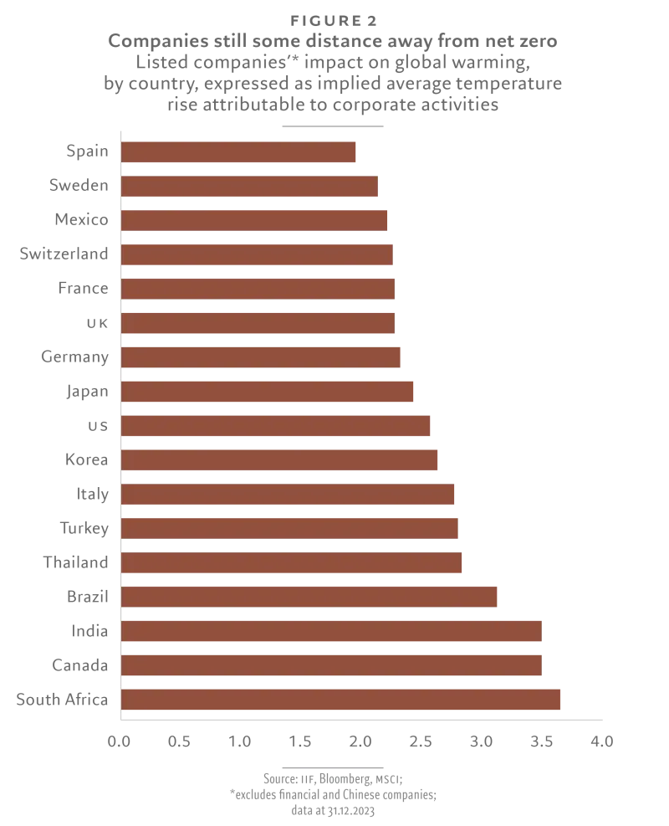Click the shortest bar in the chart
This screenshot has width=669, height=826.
241,153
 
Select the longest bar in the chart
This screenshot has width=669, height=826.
341,700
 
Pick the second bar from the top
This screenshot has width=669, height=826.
251,187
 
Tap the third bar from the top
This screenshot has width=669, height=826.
254,221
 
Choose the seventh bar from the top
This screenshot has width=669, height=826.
261,357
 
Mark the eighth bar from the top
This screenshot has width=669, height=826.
268,392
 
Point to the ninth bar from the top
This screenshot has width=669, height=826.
278,427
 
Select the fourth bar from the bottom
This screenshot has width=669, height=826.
311,597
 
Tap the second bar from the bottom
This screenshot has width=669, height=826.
331,664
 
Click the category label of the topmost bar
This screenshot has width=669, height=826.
89,152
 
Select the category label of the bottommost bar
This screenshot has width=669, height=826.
64,700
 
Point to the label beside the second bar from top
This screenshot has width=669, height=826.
79,187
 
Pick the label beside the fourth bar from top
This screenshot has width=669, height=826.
66,254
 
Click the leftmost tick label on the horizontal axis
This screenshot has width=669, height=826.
120,740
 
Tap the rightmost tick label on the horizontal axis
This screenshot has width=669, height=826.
602,740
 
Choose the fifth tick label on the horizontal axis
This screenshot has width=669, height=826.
361,740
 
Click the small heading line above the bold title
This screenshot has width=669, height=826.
334,18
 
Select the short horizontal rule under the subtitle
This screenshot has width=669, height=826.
334,124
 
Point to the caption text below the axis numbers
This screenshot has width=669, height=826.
334,791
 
